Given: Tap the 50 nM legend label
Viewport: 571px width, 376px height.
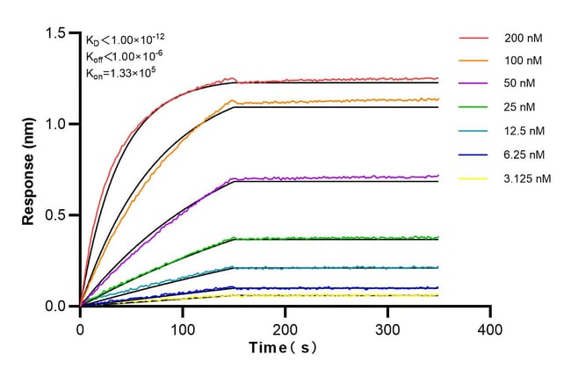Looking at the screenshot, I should tap(519, 85).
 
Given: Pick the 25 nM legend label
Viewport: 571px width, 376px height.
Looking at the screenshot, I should tap(519, 108).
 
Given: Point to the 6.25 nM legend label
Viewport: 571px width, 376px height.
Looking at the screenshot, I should tap(524, 155).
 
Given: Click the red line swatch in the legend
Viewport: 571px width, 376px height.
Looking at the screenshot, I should tap(473, 39).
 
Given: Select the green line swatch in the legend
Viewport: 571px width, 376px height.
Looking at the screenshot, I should tap(473, 108).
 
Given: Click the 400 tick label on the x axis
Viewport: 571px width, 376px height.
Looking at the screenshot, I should tap(490, 329).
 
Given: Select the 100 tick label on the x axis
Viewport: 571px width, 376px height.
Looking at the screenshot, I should tap(183, 329).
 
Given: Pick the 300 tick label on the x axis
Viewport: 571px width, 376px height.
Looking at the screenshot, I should tap(387, 329).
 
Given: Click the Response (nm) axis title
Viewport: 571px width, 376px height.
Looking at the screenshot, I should tap(29, 170).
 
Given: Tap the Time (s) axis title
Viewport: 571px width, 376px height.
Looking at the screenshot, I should tap(283, 348).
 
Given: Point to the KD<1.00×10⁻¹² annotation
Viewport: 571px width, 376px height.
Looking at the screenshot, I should tap(124, 39).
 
